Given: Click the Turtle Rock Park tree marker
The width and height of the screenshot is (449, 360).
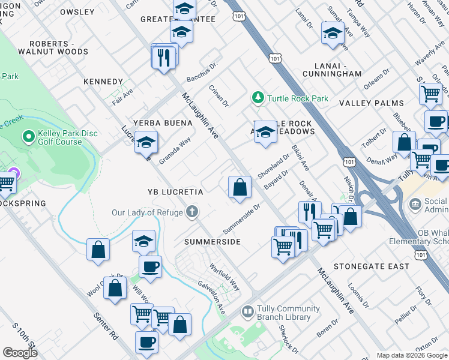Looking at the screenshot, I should click(258, 97).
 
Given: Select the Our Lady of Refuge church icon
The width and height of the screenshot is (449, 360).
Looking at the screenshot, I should click(192, 212).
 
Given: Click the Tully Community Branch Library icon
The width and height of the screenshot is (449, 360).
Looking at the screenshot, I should click(247, 312).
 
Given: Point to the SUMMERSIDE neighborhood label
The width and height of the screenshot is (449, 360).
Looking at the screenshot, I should click(212, 242).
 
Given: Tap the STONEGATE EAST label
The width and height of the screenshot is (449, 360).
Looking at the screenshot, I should click(372, 266).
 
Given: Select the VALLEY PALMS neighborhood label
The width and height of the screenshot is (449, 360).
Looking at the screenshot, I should click(372, 103).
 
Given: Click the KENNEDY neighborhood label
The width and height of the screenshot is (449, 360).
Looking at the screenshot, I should click(103, 82).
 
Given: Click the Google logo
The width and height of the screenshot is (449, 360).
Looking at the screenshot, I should click(20, 353).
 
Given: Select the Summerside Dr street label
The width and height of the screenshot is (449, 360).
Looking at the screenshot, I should click(241, 220).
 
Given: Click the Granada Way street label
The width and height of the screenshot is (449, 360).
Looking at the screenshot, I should click(175, 151).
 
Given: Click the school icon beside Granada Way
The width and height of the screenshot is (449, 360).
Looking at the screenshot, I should click(146, 143).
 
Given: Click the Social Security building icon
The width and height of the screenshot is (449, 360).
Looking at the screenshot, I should click(416, 204).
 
